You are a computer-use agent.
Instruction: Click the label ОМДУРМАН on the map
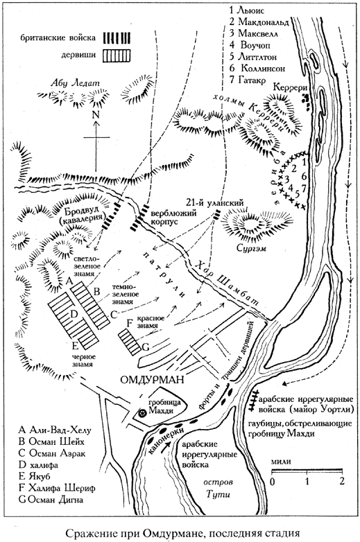(152, 380)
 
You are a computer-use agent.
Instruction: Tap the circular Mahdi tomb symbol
(142, 412)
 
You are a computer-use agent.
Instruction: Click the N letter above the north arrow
(96, 116)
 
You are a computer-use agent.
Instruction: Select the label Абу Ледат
(75, 82)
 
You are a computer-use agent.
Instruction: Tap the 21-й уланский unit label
(214, 203)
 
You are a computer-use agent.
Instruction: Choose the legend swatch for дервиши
(117, 55)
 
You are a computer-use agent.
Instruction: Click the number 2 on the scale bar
(342, 480)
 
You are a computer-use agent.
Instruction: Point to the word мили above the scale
(281, 462)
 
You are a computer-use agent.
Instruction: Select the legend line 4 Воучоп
(250, 45)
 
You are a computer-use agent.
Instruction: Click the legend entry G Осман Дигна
(51, 500)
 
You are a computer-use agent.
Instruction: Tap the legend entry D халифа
(38, 464)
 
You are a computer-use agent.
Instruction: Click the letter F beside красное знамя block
(130, 323)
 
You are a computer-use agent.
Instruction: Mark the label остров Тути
(218, 488)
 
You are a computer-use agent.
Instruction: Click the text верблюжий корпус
(167, 216)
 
